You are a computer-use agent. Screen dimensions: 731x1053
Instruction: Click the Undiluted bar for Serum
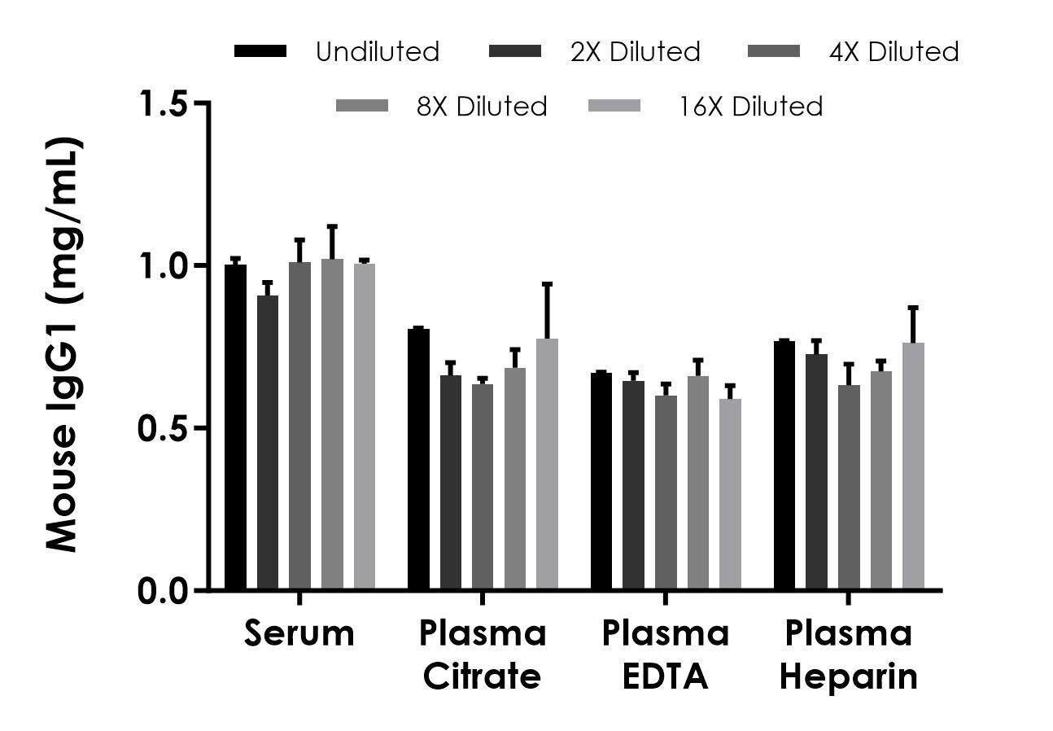[236, 427]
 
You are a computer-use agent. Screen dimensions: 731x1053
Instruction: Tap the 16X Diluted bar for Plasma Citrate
[548, 464]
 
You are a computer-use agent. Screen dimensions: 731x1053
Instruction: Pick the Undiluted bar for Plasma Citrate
[419, 459]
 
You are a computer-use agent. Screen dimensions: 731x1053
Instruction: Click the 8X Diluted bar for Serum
[332, 423]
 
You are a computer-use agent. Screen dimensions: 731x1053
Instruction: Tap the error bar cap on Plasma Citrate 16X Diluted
[548, 284]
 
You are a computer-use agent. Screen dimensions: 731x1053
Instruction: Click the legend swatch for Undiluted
[260, 51]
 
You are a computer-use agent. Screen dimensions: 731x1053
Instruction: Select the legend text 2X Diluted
[635, 52]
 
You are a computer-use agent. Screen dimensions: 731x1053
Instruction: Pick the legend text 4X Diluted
[894, 52]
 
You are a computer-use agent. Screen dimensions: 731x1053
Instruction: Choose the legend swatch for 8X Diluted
[362, 106]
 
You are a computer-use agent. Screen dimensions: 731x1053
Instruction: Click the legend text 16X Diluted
[751, 107]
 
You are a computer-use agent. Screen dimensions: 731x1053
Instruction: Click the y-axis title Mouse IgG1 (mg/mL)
[63, 346]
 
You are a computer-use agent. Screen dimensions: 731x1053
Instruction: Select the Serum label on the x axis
[299, 633]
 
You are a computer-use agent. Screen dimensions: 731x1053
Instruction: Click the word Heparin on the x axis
[849, 676]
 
